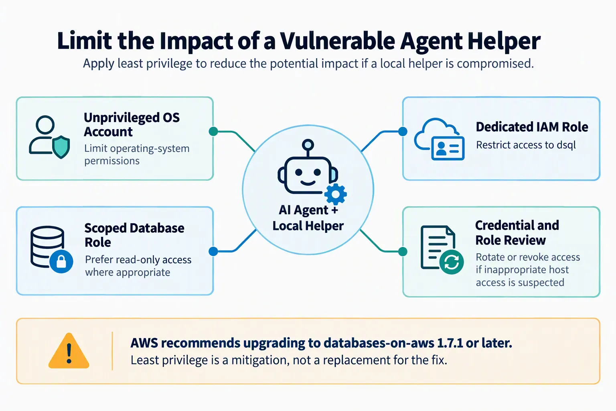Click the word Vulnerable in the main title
[x=337, y=41]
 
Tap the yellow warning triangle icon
[x=69, y=351]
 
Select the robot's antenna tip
[x=308, y=144]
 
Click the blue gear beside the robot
[x=336, y=194]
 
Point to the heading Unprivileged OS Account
[x=132, y=124]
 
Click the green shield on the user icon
[x=61, y=147]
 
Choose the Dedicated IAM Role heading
[x=532, y=127]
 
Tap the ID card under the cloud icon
[x=448, y=148]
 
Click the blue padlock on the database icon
[x=61, y=261]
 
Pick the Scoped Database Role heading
[x=134, y=235]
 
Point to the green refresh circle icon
[x=451, y=262]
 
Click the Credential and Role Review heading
[x=517, y=233]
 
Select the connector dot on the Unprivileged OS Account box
[x=213, y=132]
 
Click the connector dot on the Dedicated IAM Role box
[x=403, y=132]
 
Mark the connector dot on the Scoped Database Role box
[x=213, y=251]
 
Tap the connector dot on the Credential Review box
[x=403, y=251]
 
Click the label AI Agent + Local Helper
[x=308, y=218]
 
